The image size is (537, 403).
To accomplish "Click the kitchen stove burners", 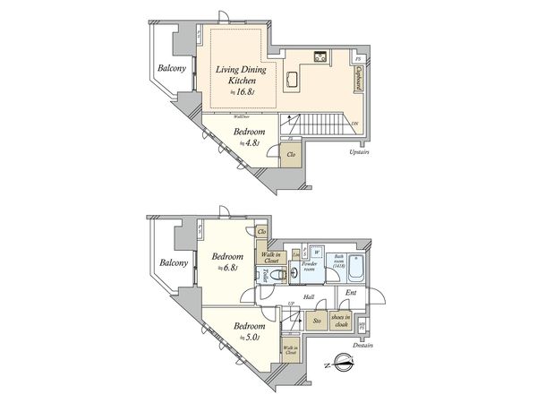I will pos(320,58).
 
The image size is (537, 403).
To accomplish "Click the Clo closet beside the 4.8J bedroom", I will pos(292,154).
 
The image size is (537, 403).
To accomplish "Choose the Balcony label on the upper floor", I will pos(173,69).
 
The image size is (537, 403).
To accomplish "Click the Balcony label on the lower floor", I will pos(173,262).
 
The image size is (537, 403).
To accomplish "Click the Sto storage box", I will pos(316,321).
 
